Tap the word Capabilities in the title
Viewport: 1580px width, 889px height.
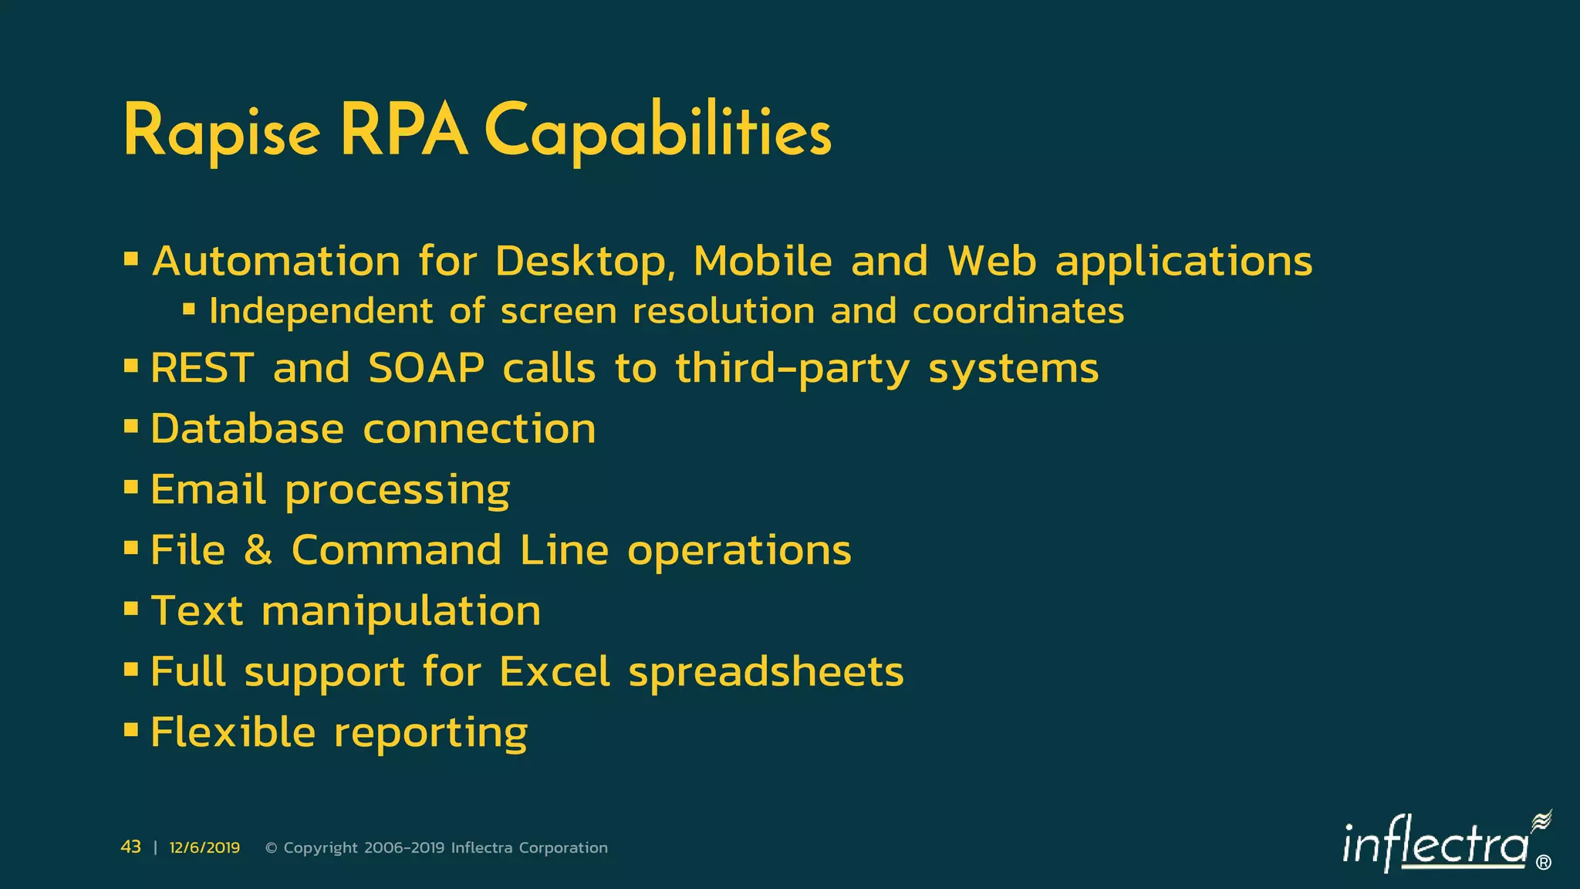[x=658, y=132]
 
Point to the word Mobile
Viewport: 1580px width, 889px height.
[x=763, y=262]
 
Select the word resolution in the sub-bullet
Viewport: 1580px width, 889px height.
[x=724, y=312]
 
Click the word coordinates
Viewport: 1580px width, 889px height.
[x=1018, y=312]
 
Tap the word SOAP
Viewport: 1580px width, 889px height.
[x=427, y=368]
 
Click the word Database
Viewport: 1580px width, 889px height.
[x=247, y=429]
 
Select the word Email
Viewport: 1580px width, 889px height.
[x=208, y=489]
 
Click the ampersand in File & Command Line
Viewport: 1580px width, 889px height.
[x=258, y=550]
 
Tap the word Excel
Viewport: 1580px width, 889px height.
[x=555, y=671]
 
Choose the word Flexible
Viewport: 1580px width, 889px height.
[x=233, y=732]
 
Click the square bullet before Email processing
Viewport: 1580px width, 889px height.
[x=131, y=488]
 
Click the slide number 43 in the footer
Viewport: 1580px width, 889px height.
[x=131, y=847]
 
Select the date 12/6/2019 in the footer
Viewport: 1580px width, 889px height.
[x=204, y=848]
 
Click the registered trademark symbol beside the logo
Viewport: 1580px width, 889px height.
[x=1544, y=863]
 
